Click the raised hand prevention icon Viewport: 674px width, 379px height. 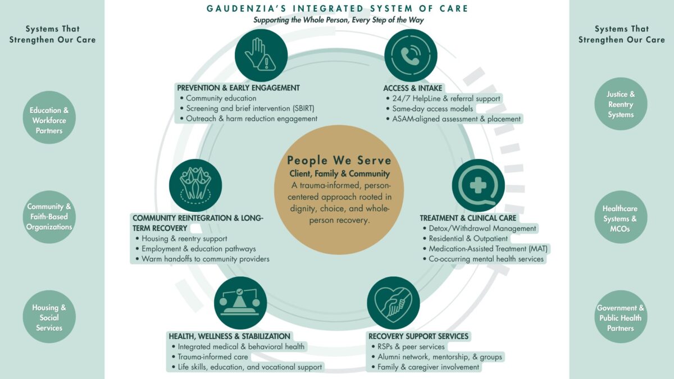[261, 55]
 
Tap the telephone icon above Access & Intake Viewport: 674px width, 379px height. [411, 55]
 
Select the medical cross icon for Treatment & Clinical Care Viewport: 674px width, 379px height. [478, 186]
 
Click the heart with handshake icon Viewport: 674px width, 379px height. [393, 303]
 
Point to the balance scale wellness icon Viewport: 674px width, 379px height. [240, 303]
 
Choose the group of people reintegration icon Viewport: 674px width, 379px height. [195, 186]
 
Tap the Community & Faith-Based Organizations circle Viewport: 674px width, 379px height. [49, 217]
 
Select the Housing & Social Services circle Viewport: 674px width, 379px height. [49, 317]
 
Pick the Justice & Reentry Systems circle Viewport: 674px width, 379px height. [621, 104]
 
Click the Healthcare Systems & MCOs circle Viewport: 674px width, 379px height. [621, 218]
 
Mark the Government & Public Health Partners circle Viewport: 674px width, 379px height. [621, 317]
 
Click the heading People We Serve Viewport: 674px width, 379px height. [339, 161]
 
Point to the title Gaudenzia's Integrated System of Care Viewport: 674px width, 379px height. [338, 8]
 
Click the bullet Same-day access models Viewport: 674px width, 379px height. [432, 108]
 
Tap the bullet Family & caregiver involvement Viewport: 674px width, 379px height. [428, 367]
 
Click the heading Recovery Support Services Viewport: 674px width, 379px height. [418, 336]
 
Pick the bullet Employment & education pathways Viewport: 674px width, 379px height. [198, 249]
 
